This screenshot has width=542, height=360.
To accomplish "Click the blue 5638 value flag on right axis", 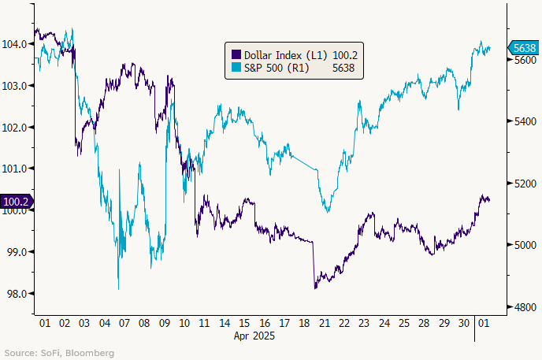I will coord(524,49).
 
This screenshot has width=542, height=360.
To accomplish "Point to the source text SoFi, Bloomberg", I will coord(59,353).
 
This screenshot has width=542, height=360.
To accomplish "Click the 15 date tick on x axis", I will coord(245,323).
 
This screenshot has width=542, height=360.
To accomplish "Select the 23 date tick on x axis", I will coord(365,323).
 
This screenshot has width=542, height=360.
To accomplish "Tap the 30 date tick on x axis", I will coord(465,323).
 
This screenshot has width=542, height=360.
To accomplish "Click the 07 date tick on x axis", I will coord(124,323).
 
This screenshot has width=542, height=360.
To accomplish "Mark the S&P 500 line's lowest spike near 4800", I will coord(118,289).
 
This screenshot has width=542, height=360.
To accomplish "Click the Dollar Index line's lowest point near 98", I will coord(315,288).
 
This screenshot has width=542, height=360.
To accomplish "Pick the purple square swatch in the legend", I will coord(234,55).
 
